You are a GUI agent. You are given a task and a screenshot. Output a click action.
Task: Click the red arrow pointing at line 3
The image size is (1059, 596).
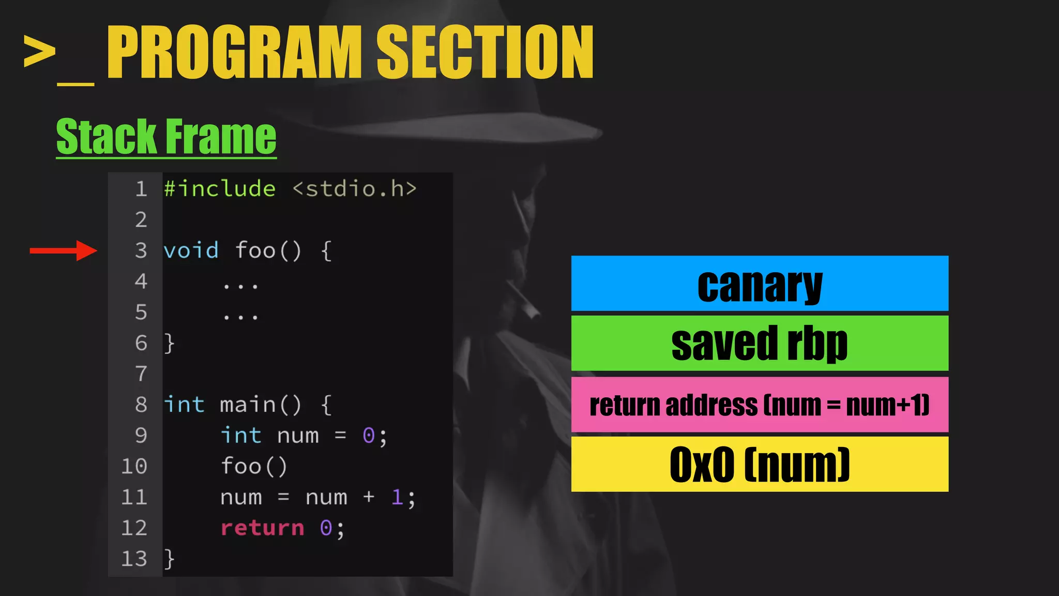coord(63,251)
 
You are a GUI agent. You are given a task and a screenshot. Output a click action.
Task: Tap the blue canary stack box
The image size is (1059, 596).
coord(759,284)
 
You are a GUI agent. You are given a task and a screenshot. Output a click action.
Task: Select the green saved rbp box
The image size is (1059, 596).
coord(759,343)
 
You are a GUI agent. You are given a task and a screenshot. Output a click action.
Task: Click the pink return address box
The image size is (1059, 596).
coord(759,405)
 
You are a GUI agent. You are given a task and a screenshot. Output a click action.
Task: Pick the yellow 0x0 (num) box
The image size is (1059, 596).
coord(759,464)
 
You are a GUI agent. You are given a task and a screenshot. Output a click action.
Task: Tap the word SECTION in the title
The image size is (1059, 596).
coord(485,53)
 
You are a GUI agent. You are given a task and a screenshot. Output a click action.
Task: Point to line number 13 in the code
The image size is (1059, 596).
coord(134,559)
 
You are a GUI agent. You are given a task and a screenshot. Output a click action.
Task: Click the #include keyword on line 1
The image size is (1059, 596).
coord(220,189)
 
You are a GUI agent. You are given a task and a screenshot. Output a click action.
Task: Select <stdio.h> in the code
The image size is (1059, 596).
coord(354,189)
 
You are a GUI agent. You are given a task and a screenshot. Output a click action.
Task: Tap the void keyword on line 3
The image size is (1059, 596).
coord(191,251)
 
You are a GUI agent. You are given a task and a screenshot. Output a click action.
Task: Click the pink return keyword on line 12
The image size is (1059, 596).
coord(262,528)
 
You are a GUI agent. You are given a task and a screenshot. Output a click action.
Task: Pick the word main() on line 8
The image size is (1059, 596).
coord(260,405)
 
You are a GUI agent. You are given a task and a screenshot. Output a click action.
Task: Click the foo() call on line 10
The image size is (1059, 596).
coord(254,466)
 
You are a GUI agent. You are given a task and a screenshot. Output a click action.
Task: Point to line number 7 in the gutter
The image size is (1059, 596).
coord(141,374)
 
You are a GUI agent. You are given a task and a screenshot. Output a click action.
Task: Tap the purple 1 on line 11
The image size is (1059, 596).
coord(397,497)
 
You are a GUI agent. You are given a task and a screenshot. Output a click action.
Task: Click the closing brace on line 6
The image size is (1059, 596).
coord(169,344)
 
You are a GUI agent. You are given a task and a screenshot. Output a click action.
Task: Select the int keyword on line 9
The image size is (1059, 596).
coord(241,436)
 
